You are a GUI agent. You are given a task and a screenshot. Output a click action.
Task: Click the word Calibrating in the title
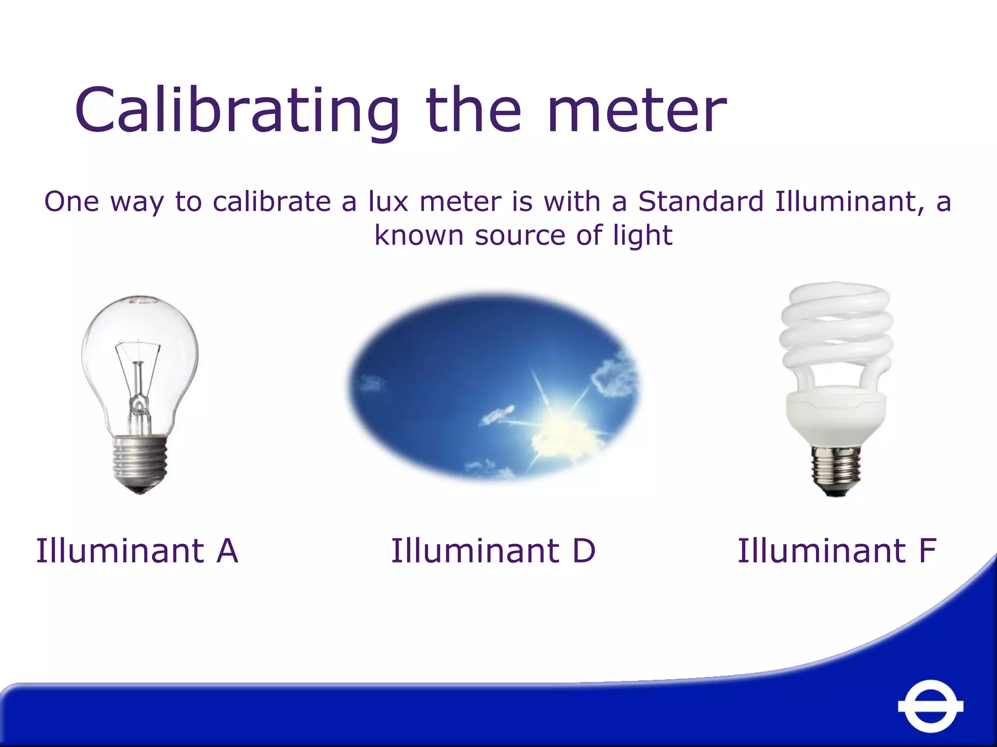pyautogui.click(x=236, y=111)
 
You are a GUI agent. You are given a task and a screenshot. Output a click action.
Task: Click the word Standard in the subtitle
pyautogui.click(x=701, y=201)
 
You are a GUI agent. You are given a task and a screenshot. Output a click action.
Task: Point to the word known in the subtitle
pyautogui.click(x=419, y=236)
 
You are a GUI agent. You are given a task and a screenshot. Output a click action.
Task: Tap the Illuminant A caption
pyautogui.click(x=137, y=551)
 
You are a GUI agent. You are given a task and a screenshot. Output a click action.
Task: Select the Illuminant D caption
pyautogui.click(x=493, y=551)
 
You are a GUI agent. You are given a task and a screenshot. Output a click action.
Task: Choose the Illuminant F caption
pyautogui.click(x=836, y=551)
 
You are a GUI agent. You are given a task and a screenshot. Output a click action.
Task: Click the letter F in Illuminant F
pyautogui.click(x=927, y=551)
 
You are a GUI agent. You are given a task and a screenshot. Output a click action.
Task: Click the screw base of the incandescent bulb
pyautogui.click(x=140, y=462)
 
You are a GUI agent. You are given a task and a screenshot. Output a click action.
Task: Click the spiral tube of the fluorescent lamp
pyautogui.click(x=836, y=331)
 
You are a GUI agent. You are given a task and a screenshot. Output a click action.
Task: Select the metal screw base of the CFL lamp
pyautogui.click(x=835, y=469)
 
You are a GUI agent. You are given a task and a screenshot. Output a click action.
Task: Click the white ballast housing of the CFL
pyautogui.click(x=835, y=413)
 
